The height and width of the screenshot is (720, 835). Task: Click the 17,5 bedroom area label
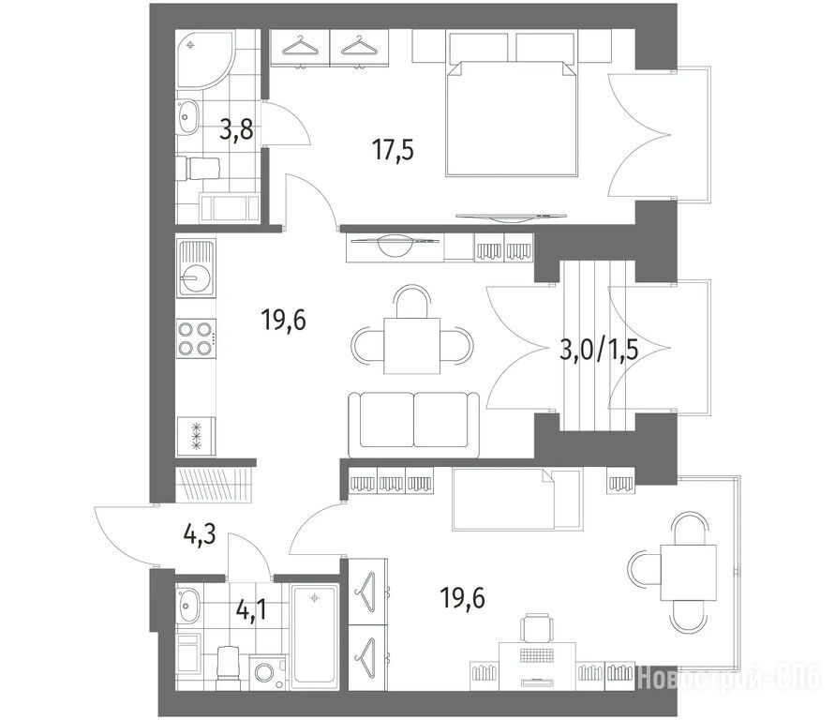coord(393,150)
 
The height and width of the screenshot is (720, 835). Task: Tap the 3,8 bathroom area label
coord(236,129)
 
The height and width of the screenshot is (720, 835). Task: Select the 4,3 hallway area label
coord(200,534)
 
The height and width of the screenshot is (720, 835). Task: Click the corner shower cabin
coord(204,60)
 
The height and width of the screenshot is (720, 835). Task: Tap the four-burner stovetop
coord(197,338)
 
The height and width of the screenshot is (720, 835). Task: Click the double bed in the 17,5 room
coord(512,118)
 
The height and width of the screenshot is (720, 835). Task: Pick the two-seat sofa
coord(414,425)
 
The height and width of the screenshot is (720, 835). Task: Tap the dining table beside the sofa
coord(412,346)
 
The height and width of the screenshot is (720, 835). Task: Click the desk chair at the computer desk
coord(537,628)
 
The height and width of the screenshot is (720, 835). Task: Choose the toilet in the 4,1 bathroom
coord(228,663)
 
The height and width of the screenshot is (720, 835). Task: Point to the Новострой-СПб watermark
coord(729,678)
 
